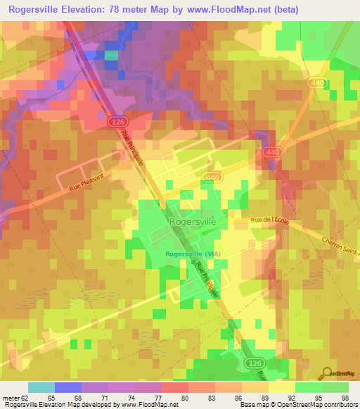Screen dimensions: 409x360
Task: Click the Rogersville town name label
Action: pos(192,221)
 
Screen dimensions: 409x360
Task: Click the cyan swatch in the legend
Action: pos(41,387)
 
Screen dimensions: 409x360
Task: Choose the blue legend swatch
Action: pos(67,387)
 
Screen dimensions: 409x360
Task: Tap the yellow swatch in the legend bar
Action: pos(281,387)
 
